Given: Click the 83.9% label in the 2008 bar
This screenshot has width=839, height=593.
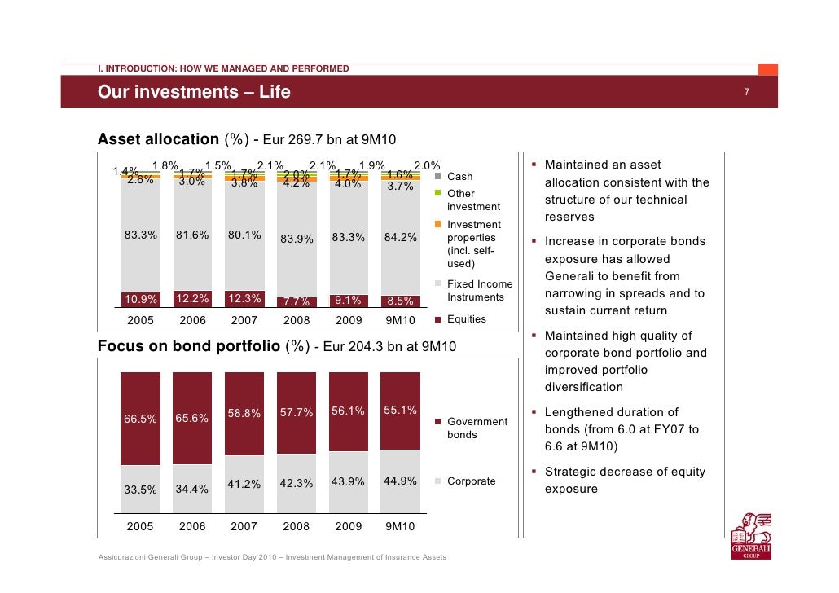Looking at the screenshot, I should pos(297,239).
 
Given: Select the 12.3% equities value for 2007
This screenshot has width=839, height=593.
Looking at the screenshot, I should pos(244,298).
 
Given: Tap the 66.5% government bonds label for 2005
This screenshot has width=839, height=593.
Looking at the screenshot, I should pos(140,419).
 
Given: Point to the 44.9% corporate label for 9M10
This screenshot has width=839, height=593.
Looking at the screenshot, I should pos(400,481).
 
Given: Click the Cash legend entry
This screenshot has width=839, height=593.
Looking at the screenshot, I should pos(460,176).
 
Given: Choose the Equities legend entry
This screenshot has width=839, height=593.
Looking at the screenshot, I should pos(467,318).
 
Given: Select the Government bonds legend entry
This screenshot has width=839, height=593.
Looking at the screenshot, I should pos(477,428).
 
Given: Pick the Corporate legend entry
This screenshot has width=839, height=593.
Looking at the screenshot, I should pos(471,481).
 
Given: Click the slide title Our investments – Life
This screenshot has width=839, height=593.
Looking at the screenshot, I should pos(194,93).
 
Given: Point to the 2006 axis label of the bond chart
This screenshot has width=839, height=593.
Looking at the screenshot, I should pos(192,526).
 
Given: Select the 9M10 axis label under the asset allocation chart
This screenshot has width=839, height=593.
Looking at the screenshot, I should pos(400,320).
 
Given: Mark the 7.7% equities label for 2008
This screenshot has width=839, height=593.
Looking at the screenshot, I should pos(297,302).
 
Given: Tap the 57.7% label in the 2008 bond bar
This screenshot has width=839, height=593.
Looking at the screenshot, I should pos(297,412).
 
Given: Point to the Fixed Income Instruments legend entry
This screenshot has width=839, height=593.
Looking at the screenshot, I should pos(480,291).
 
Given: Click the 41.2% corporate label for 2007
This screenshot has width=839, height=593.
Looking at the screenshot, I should pos(244,485).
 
